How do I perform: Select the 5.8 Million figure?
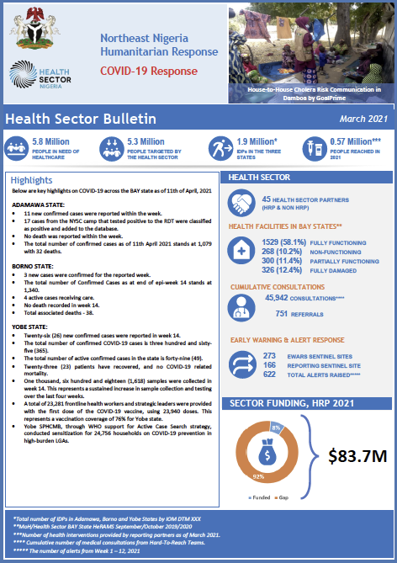pyautogui.click(x=50, y=142)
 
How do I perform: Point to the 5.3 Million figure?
pyautogui.click(x=146, y=142)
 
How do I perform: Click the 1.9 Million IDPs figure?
pyautogui.click(x=254, y=142)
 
